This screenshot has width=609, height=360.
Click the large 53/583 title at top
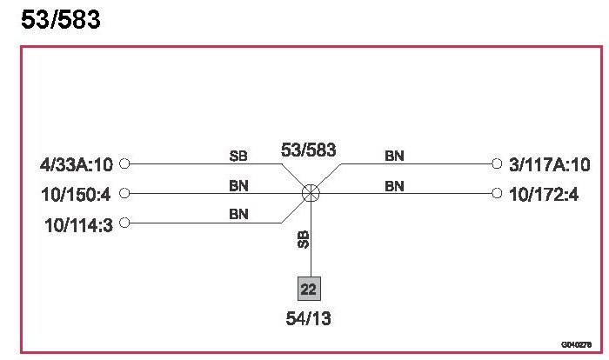(60, 19)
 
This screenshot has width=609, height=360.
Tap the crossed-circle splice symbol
(311, 193)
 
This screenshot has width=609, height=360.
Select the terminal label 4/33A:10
(77, 163)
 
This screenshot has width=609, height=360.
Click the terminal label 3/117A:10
(550, 163)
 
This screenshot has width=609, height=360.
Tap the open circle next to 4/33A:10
(124, 163)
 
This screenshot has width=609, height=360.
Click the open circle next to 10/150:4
(124, 193)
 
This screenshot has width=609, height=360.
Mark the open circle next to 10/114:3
(124, 223)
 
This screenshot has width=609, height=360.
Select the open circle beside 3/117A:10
(496, 163)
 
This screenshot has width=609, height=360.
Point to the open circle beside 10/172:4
(496, 193)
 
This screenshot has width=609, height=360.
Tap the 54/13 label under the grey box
(308, 319)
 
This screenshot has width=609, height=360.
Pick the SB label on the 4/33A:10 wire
(238, 157)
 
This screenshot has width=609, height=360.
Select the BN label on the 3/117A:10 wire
(394, 157)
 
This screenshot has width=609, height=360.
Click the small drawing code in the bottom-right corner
(576, 343)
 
